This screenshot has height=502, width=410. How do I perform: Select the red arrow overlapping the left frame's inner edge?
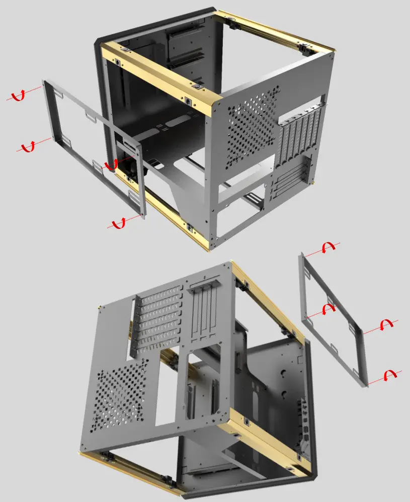pos(111,164)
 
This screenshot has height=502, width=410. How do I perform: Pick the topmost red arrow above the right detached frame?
pos(328,246)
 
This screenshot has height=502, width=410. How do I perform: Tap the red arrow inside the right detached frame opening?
pos(328,308)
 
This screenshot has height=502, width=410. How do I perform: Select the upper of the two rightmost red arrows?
pos(388,324)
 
